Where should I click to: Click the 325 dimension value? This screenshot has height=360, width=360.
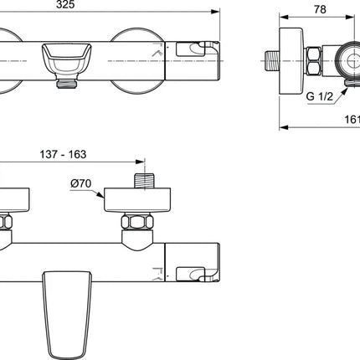(65, 4)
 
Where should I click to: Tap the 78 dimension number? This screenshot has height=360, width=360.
(320, 9)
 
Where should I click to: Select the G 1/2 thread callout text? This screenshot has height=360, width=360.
(320, 96)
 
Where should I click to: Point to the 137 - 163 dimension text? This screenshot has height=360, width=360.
(63, 154)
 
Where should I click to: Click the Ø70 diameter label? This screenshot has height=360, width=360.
(81, 183)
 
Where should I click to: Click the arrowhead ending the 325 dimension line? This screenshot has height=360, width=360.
(215, 12)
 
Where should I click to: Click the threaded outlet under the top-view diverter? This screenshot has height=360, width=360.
(67, 84)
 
